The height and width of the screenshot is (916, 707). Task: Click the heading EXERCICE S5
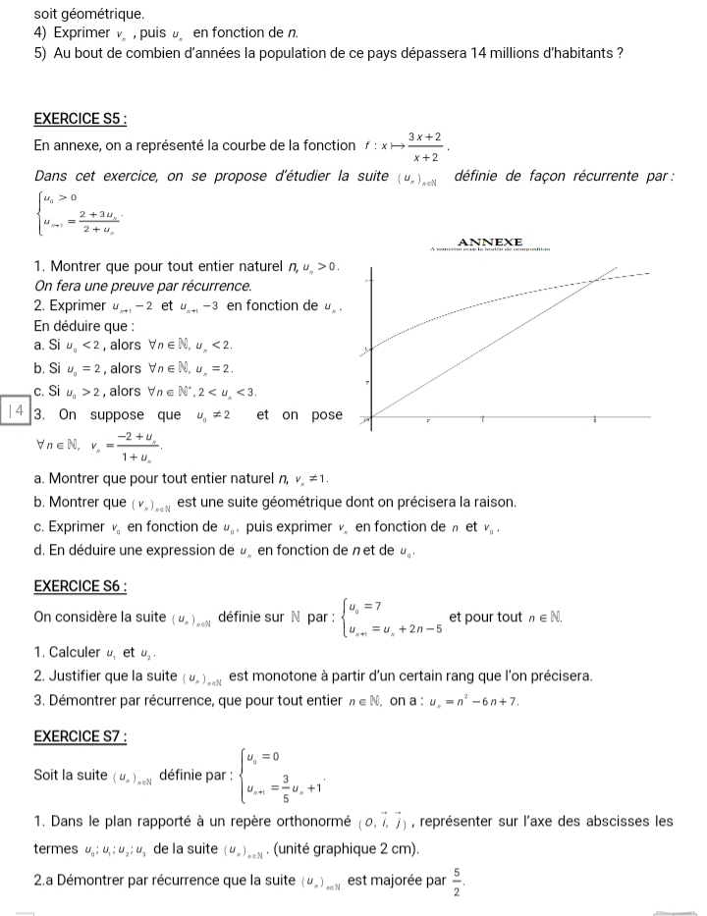click(81, 119)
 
